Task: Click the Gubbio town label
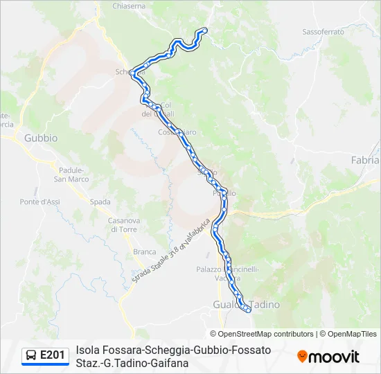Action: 41,138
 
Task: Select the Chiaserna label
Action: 129,6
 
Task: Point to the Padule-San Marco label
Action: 72,175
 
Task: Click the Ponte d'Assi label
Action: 39,202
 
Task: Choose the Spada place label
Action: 100,202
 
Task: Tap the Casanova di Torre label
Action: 125,224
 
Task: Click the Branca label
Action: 144,252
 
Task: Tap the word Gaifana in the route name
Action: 170,362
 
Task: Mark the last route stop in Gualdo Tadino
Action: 248,310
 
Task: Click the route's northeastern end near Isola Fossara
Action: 204,30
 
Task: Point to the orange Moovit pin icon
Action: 302,357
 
